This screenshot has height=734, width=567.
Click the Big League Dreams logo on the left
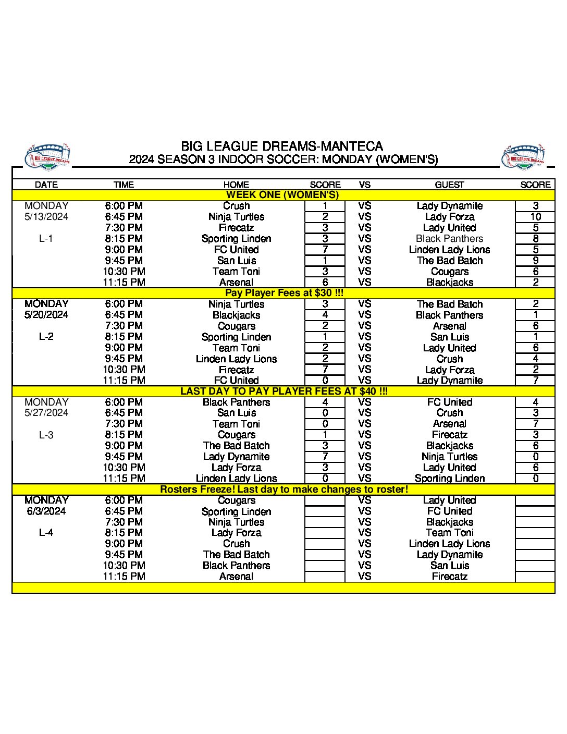(47, 156)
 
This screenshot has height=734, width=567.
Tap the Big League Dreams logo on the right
(524, 156)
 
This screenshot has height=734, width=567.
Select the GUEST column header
(449, 185)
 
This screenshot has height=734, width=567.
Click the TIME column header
(124, 185)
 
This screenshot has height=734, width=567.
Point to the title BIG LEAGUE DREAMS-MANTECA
(282, 146)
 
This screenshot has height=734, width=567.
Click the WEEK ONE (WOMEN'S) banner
(282, 195)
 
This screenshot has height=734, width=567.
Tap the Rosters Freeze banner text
(284, 490)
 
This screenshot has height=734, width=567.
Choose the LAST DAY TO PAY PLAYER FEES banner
(284, 392)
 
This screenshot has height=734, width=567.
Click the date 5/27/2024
(46, 413)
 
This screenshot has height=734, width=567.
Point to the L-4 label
(46, 533)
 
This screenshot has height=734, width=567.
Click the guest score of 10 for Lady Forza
(535, 217)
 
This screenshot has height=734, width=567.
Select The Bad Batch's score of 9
(535, 261)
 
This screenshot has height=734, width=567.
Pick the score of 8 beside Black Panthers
(535, 239)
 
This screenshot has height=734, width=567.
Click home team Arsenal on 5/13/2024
(236, 283)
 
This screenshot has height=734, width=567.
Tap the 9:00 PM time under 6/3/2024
(124, 544)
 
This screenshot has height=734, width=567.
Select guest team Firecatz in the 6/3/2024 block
(449, 577)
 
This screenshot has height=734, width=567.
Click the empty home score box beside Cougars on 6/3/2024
(325, 500)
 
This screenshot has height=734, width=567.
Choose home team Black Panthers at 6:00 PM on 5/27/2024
(236, 402)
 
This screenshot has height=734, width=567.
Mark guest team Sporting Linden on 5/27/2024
(449, 479)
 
